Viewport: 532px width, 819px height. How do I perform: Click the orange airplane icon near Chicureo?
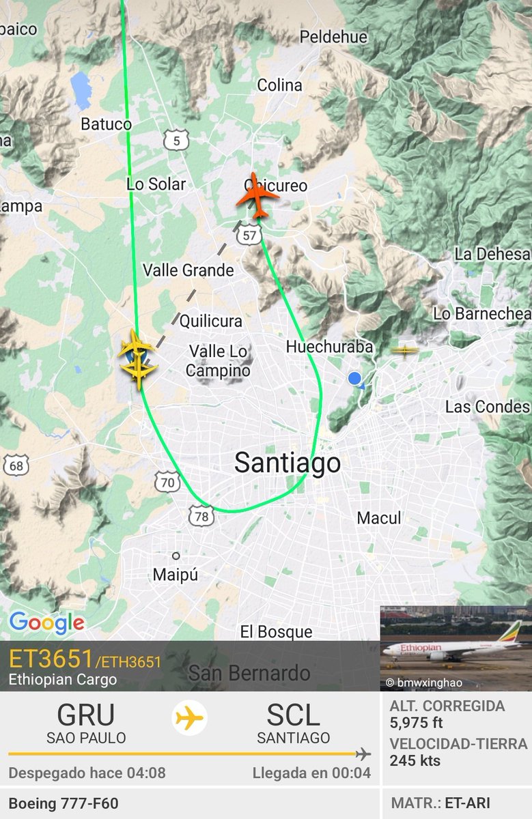coord(257,196)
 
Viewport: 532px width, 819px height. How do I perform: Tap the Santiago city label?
coord(287,463)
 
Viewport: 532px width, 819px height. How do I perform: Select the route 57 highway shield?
coord(250,235)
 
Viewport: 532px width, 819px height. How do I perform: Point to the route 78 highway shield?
coord(201,517)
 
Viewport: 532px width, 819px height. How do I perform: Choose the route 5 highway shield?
coord(177,141)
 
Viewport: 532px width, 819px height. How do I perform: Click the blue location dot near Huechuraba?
coord(354,379)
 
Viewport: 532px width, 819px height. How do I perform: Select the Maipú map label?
coord(176,575)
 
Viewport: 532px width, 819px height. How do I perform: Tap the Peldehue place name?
coord(333,37)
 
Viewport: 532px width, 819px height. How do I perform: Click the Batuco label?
coord(106,124)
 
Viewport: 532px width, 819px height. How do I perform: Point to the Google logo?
coord(46,622)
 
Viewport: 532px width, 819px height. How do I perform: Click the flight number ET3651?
coord(51,659)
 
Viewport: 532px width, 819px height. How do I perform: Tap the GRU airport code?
coord(86,715)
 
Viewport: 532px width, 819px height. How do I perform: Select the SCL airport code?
coord(293,715)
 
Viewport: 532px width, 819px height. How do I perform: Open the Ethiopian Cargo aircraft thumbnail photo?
coord(456,648)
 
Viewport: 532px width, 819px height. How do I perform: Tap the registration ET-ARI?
coord(468,803)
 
